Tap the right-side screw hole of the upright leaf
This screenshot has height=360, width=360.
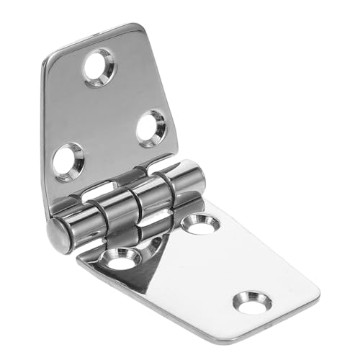pos(152,127)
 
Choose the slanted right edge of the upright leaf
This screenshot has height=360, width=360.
pos(167,94)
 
